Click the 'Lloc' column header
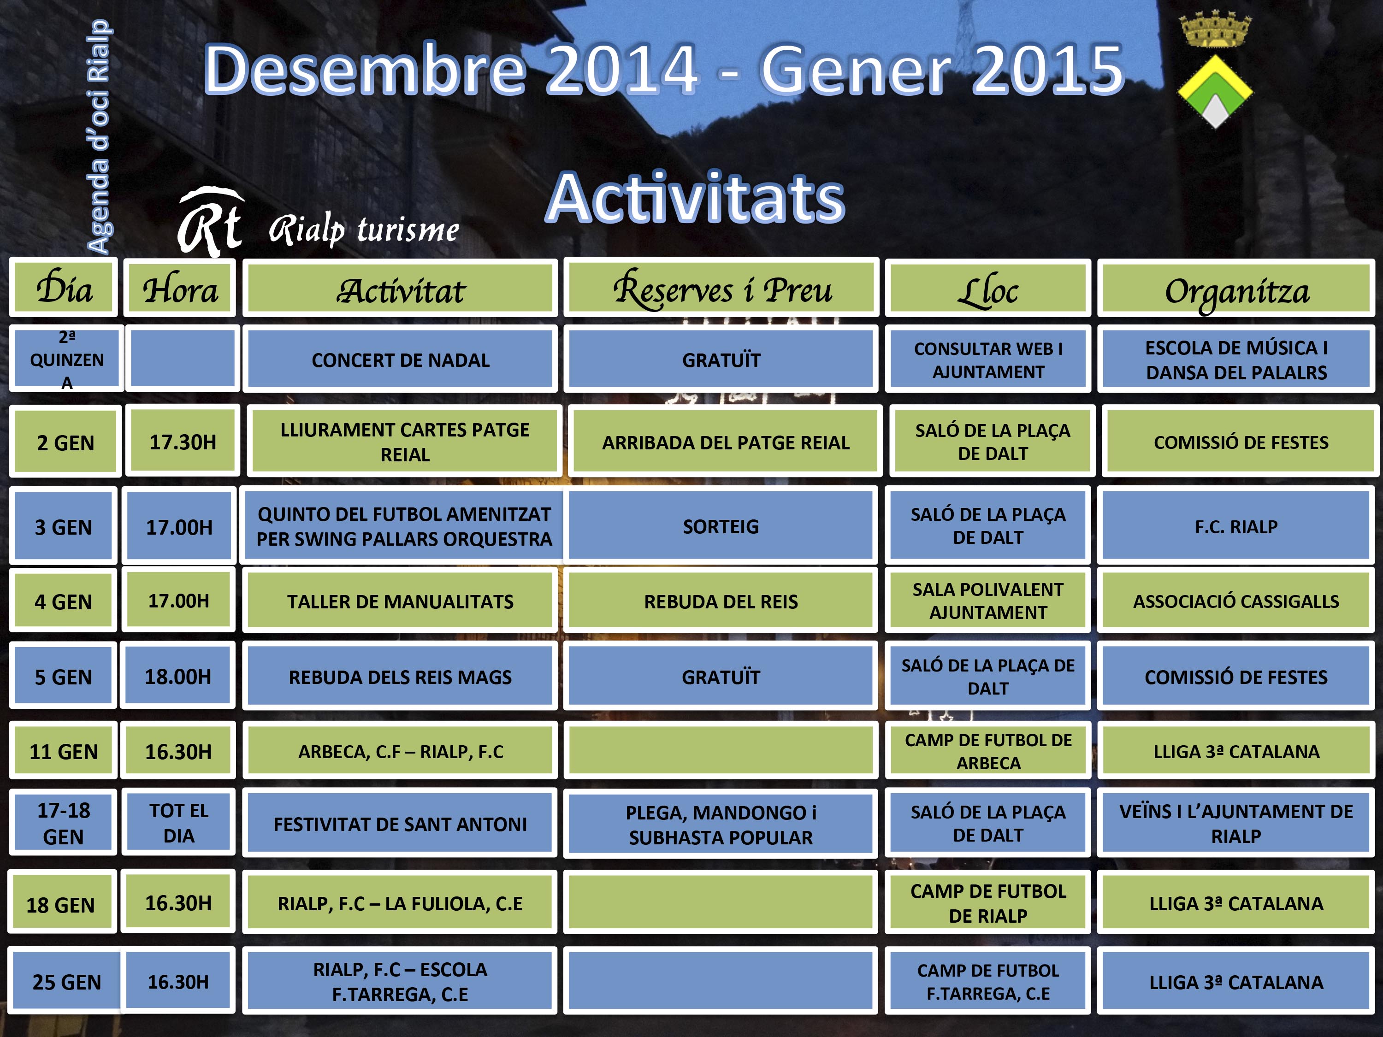coord(988,288)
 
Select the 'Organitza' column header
coord(1237,288)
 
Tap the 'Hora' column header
coord(179,288)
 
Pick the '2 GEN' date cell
coord(65,442)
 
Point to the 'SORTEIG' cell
coord(721,526)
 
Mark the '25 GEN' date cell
coord(66,981)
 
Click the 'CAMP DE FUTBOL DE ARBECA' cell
coord(988,751)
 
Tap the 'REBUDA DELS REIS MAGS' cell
coord(400,676)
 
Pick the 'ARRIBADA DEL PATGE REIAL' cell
coord(725,442)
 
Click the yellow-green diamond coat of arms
coord(1214,91)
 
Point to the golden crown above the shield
coord(1215,29)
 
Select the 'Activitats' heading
coord(696,198)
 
